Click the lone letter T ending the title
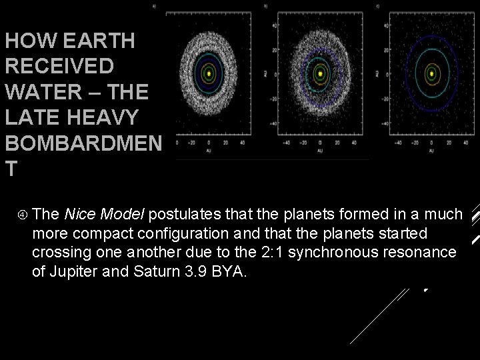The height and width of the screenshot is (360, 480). pos(10,169)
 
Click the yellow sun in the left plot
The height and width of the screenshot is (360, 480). pos(209,73)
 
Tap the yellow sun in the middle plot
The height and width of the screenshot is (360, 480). pos(320,73)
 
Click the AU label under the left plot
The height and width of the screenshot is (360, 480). pos(209,150)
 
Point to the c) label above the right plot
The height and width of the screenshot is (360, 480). pos(378,6)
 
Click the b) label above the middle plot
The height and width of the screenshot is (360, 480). pos(266,6)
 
